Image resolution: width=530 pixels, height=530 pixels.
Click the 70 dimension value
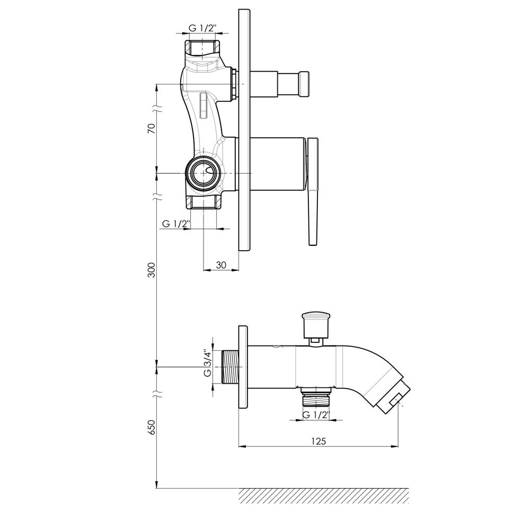pos(152,128)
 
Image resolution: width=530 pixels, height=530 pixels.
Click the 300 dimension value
pos(152,270)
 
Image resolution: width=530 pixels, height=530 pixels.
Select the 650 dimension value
pos(152,427)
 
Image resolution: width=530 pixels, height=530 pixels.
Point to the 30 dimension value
pos(220,266)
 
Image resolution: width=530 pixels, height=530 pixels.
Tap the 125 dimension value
pos(319,441)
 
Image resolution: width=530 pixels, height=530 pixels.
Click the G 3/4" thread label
pos(207,364)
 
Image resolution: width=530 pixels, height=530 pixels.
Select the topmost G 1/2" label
pos(202,29)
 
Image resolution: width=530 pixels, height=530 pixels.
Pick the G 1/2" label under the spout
pos(316,415)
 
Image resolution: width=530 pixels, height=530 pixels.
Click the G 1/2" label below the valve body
pos(176,224)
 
